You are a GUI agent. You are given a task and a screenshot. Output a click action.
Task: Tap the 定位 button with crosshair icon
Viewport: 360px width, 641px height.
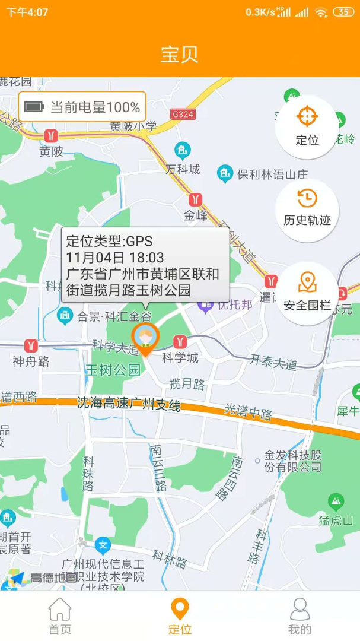point(307,126)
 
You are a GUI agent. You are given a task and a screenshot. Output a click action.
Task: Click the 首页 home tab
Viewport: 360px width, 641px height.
point(59,617)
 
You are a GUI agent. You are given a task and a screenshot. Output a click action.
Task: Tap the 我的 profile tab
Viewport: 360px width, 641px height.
point(300,617)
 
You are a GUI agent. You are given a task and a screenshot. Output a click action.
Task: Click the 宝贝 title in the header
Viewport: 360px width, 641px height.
point(180,54)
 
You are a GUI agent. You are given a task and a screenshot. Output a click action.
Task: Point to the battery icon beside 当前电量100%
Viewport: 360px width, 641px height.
point(34,107)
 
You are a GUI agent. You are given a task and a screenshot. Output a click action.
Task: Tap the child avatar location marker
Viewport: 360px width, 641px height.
point(145,338)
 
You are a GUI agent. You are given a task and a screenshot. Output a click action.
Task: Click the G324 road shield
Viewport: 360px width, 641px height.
point(182,114)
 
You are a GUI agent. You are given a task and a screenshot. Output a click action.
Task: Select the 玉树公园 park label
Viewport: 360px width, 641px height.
point(113,370)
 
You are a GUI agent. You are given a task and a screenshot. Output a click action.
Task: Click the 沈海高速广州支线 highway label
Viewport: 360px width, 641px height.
point(129,404)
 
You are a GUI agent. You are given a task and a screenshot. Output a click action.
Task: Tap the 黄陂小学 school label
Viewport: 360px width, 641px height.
point(133,126)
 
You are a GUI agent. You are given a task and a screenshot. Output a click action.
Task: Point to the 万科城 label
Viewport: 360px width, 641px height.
point(183,169)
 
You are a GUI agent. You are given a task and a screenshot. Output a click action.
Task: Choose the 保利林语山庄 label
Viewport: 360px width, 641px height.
point(272,174)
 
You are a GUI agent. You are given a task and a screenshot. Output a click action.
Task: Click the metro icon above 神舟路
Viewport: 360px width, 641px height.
point(31,346)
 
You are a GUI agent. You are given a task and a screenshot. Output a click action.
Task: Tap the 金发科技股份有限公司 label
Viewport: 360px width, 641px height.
point(293,461)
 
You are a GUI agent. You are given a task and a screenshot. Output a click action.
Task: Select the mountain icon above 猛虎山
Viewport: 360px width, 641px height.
point(336,502)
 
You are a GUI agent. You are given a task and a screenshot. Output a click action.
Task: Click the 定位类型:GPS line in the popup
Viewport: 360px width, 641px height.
point(109,241)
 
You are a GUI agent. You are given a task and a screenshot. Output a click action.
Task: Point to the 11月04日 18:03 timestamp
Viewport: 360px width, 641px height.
point(115,258)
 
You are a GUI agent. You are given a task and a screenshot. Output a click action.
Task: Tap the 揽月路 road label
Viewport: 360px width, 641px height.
point(187,384)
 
